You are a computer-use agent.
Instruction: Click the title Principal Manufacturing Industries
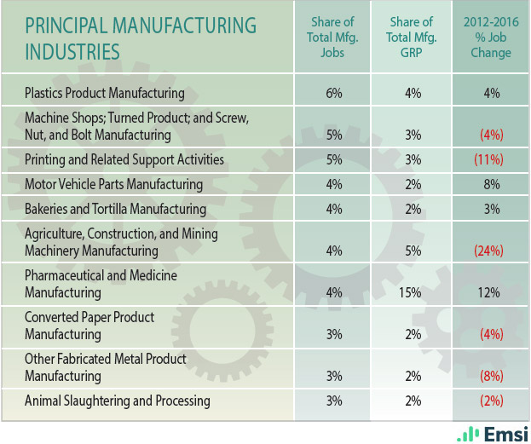[x=141, y=37]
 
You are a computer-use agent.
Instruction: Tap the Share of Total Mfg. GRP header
[x=413, y=37]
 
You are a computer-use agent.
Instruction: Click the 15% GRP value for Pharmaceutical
[x=413, y=292]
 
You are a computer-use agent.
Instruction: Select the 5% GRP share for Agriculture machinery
[x=413, y=251]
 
